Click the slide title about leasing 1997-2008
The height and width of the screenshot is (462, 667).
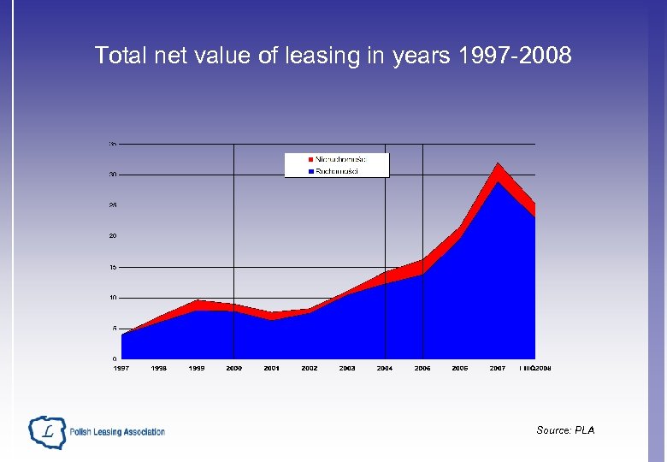tap(333, 56)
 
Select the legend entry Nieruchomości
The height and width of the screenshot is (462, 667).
tap(340, 160)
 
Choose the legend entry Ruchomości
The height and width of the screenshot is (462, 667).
tap(337, 171)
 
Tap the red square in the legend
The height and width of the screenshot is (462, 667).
tap(310, 160)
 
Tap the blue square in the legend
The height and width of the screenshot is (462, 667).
tap(310, 171)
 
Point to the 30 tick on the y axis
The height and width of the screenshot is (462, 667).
tap(112, 175)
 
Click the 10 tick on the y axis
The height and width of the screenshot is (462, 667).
tap(112, 298)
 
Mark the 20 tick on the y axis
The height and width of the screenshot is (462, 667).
tap(112, 236)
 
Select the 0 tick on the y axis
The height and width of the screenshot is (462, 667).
tap(114, 358)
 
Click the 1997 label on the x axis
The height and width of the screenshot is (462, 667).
tap(121, 368)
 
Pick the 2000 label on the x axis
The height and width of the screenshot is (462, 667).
tap(233, 368)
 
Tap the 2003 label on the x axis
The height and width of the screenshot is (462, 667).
tap(346, 368)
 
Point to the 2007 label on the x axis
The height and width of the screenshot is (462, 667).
tap(497, 368)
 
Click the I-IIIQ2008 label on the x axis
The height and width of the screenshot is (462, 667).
tap(535, 368)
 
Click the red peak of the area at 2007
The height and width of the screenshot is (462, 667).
tap(498, 168)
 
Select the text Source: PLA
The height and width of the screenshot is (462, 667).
tap(565, 430)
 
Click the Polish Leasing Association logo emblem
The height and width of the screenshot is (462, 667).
tap(46, 432)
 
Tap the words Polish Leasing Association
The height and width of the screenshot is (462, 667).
tap(117, 432)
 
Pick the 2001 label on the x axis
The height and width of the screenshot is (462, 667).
tap(271, 368)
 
